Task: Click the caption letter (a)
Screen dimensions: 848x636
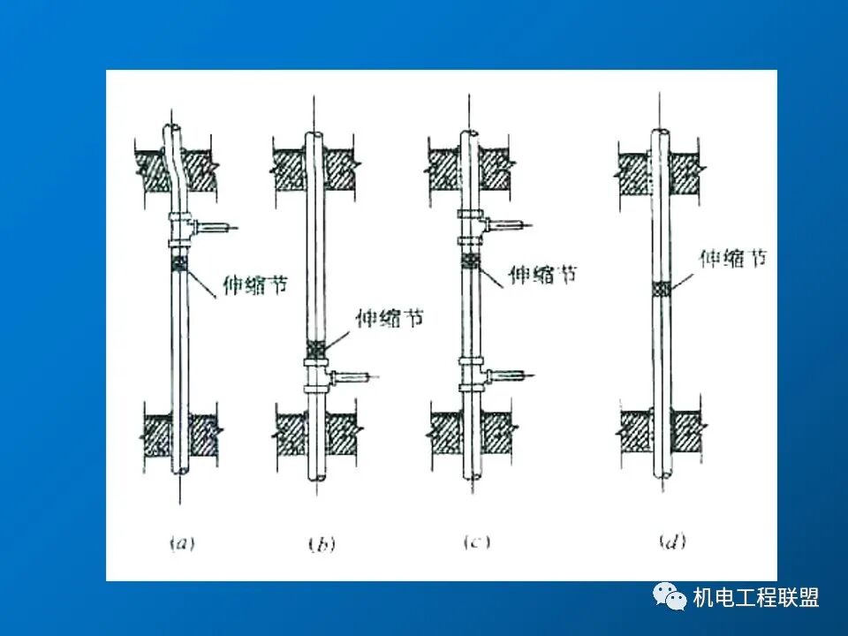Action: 182,542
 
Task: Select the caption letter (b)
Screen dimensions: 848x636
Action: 322,543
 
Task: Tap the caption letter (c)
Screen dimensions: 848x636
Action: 477,541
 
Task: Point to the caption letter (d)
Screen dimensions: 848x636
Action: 673,541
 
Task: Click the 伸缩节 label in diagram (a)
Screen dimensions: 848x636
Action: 255,284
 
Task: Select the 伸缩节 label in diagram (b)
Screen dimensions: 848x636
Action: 390,318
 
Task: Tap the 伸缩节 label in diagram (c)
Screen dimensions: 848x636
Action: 542,275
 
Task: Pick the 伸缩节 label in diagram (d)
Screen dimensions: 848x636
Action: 733,259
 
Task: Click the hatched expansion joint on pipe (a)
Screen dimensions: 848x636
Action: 179,264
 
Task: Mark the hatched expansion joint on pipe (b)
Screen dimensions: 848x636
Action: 316,348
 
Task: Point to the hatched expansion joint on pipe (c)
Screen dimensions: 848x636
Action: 471,261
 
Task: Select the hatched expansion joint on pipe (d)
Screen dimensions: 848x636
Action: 661,290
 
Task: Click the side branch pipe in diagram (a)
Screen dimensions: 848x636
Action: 214,227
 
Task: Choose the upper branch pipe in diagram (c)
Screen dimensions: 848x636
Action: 507,224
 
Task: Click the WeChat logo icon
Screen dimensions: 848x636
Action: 669,596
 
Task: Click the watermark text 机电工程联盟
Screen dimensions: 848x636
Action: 756,598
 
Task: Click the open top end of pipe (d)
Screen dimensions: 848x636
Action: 660,132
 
